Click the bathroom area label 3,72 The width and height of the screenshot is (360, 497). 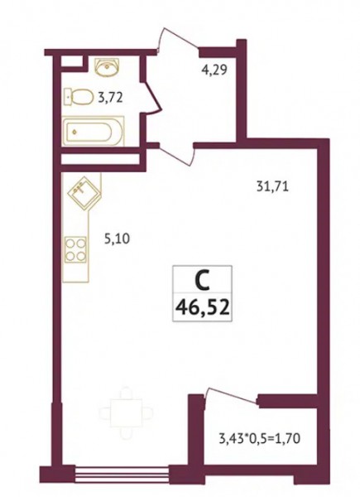110,98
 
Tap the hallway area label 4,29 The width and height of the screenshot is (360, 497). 214,70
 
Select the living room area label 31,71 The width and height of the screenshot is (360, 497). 272,186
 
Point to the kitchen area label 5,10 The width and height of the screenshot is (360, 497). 117,238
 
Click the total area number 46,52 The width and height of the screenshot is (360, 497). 202,306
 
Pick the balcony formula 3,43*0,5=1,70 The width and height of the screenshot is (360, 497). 259,439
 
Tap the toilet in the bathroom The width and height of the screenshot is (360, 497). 79,96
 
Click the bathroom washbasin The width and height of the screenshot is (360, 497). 108,67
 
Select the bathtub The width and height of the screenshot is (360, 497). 94,132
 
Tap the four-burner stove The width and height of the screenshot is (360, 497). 75,249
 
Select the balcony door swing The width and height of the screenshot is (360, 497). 231,395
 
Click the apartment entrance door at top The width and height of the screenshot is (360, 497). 178,41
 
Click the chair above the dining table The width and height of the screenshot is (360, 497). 127,393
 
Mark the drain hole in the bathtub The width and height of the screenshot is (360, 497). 74,132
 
